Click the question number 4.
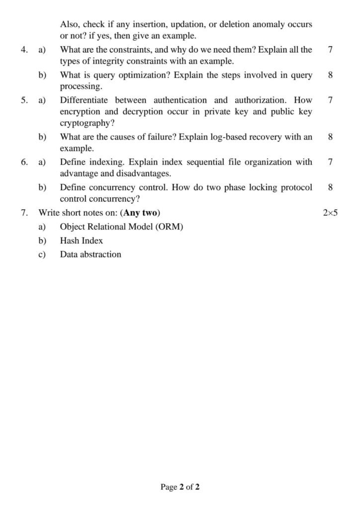pyautogui.click(x=24, y=50)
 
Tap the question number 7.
pyautogui.click(x=24, y=213)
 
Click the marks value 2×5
pyautogui.click(x=330, y=213)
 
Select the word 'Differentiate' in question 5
pyautogui.click(x=84, y=100)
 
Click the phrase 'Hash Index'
pyautogui.click(x=82, y=241)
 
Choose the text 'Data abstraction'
pyautogui.click(x=90, y=254)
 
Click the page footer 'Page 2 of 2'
pyautogui.click(x=180, y=487)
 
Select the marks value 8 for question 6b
pyautogui.click(x=331, y=187)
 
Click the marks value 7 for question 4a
pyautogui.click(x=331, y=50)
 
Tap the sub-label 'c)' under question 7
pyautogui.click(x=43, y=254)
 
